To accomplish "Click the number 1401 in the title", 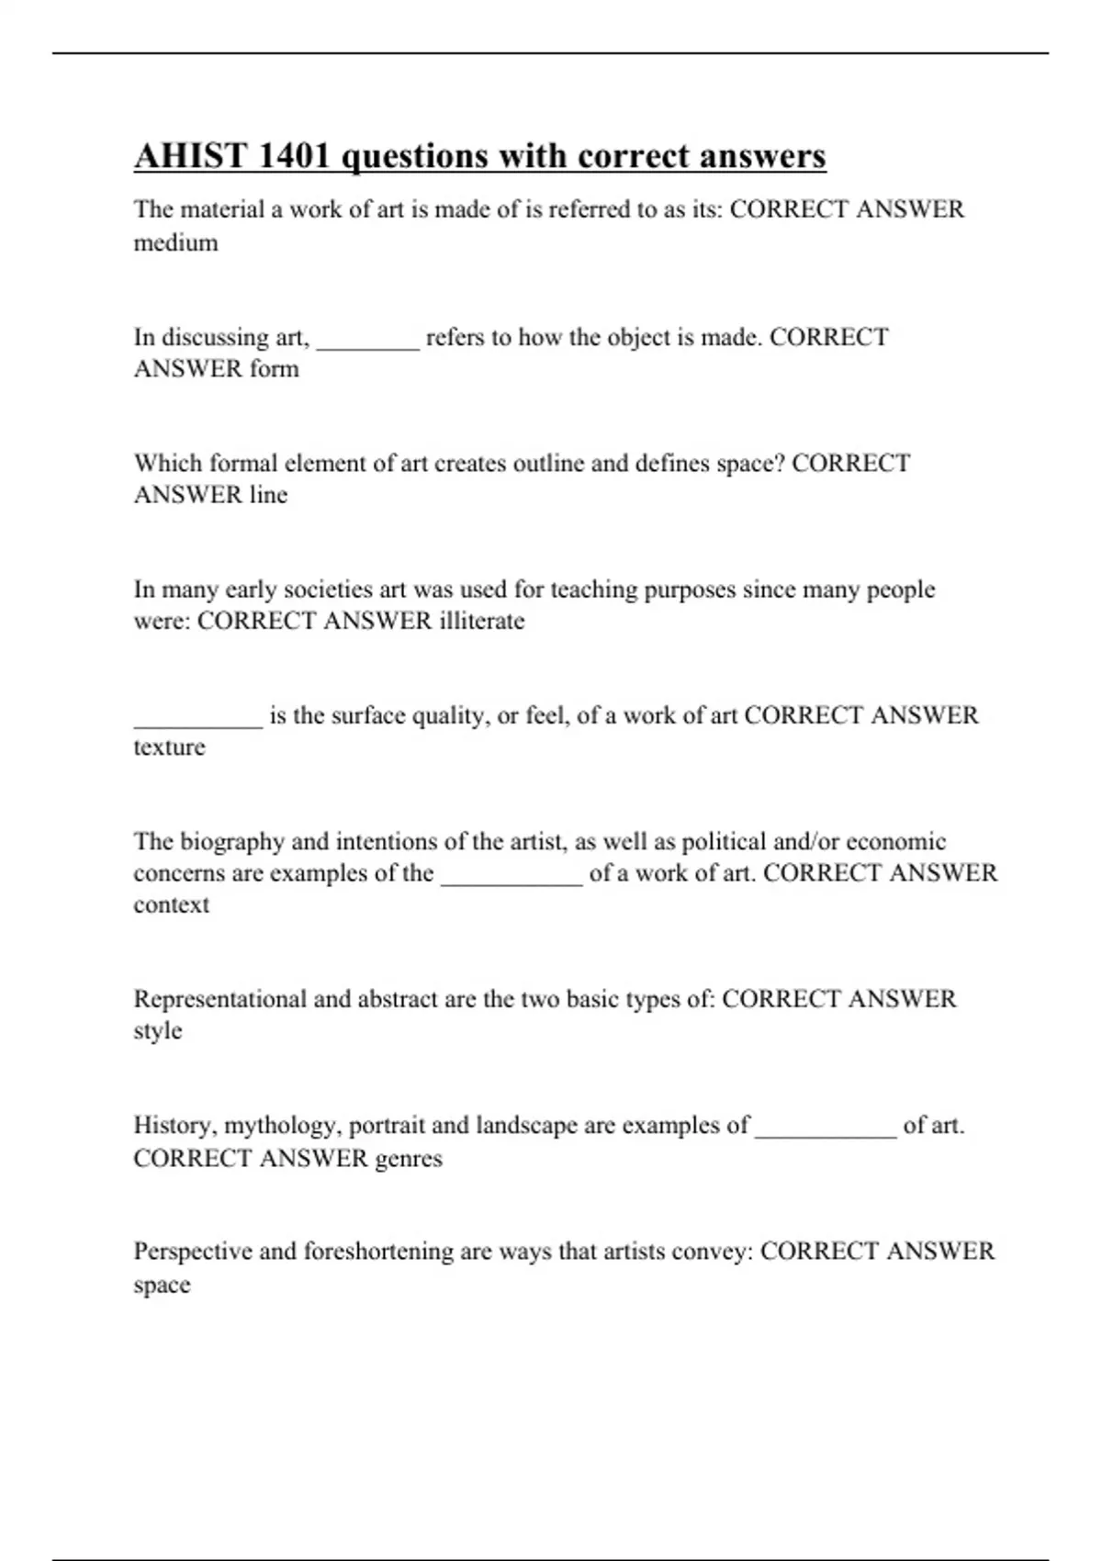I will (293, 156).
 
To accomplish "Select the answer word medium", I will (175, 243).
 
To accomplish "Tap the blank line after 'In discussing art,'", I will (367, 345).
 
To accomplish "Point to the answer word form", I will (274, 369).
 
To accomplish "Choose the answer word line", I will (268, 495).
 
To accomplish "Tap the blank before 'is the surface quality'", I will (197, 724).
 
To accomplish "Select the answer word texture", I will (169, 747).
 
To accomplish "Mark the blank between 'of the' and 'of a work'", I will (512, 882).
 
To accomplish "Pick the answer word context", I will (171, 905).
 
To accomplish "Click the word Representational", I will (219, 999).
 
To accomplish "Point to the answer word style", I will (157, 1031).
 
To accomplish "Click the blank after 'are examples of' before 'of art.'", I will (826, 1134).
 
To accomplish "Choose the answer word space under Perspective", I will (162, 1286).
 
